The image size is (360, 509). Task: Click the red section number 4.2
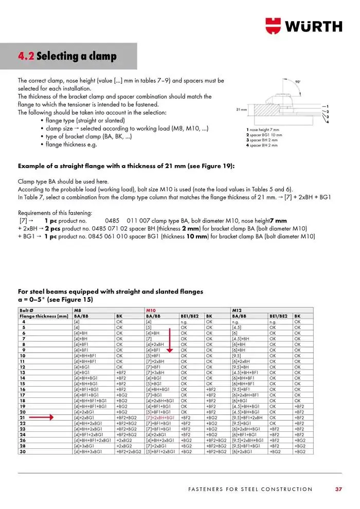(x=26, y=56)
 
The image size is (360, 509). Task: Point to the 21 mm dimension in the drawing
(x=242, y=110)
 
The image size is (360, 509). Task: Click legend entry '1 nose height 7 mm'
(x=263, y=130)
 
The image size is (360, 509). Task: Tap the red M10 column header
(x=151, y=311)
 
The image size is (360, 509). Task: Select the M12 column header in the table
(x=237, y=311)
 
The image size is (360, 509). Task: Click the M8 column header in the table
(x=78, y=311)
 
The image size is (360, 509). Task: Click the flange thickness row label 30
(x=23, y=451)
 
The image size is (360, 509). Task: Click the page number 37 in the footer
(x=338, y=489)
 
